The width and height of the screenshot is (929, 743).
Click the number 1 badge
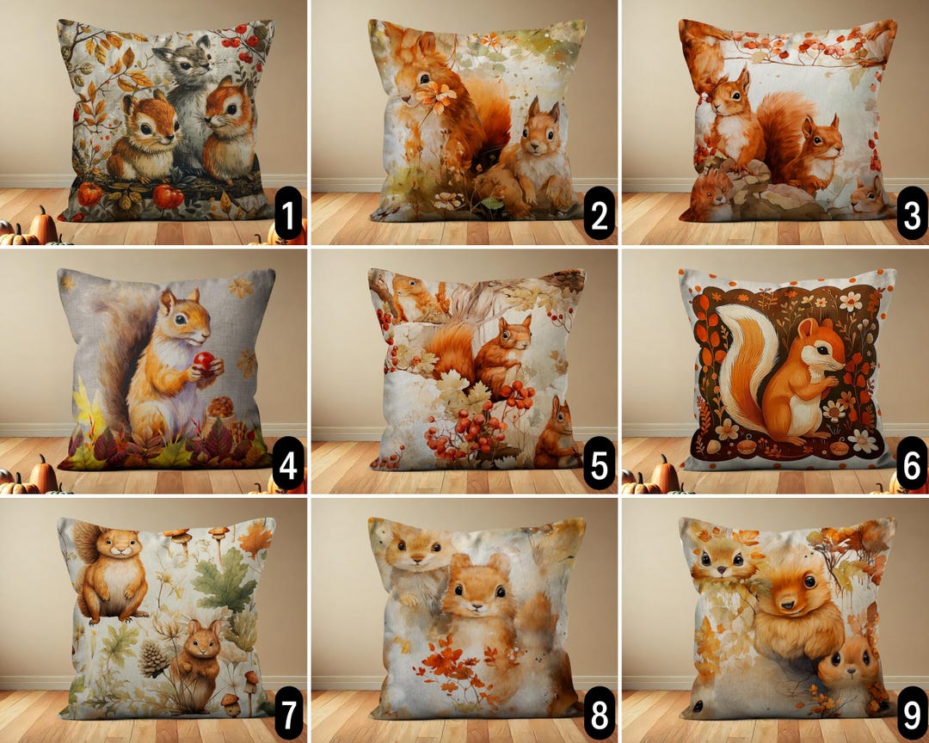click(x=288, y=213)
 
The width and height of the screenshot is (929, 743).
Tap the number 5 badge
click(x=599, y=463)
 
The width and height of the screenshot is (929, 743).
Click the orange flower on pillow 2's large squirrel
click(x=437, y=96)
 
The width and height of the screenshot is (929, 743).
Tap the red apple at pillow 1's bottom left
click(x=89, y=193)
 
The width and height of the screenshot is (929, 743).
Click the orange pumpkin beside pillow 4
click(x=41, y=474)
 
